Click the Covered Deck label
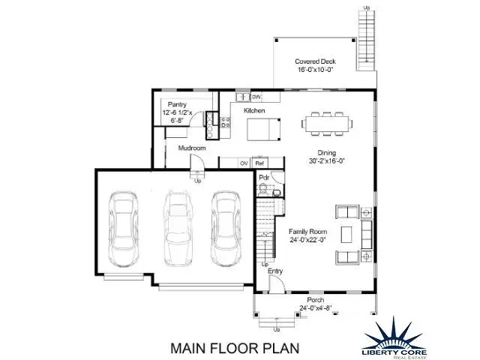coord(314,61)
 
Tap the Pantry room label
coord(178,105)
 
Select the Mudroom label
coord(192,148)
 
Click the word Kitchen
coord(254,110)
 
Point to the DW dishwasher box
coord(256,97)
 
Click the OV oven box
coord(244,163)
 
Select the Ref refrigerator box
coord(260,163)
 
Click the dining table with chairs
coord(327,123)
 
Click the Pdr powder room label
coord(264,178)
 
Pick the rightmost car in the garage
coord(225,229)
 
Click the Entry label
coord(275,271)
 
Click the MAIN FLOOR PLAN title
coord(235,347)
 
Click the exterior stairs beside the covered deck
coord(366,37)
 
